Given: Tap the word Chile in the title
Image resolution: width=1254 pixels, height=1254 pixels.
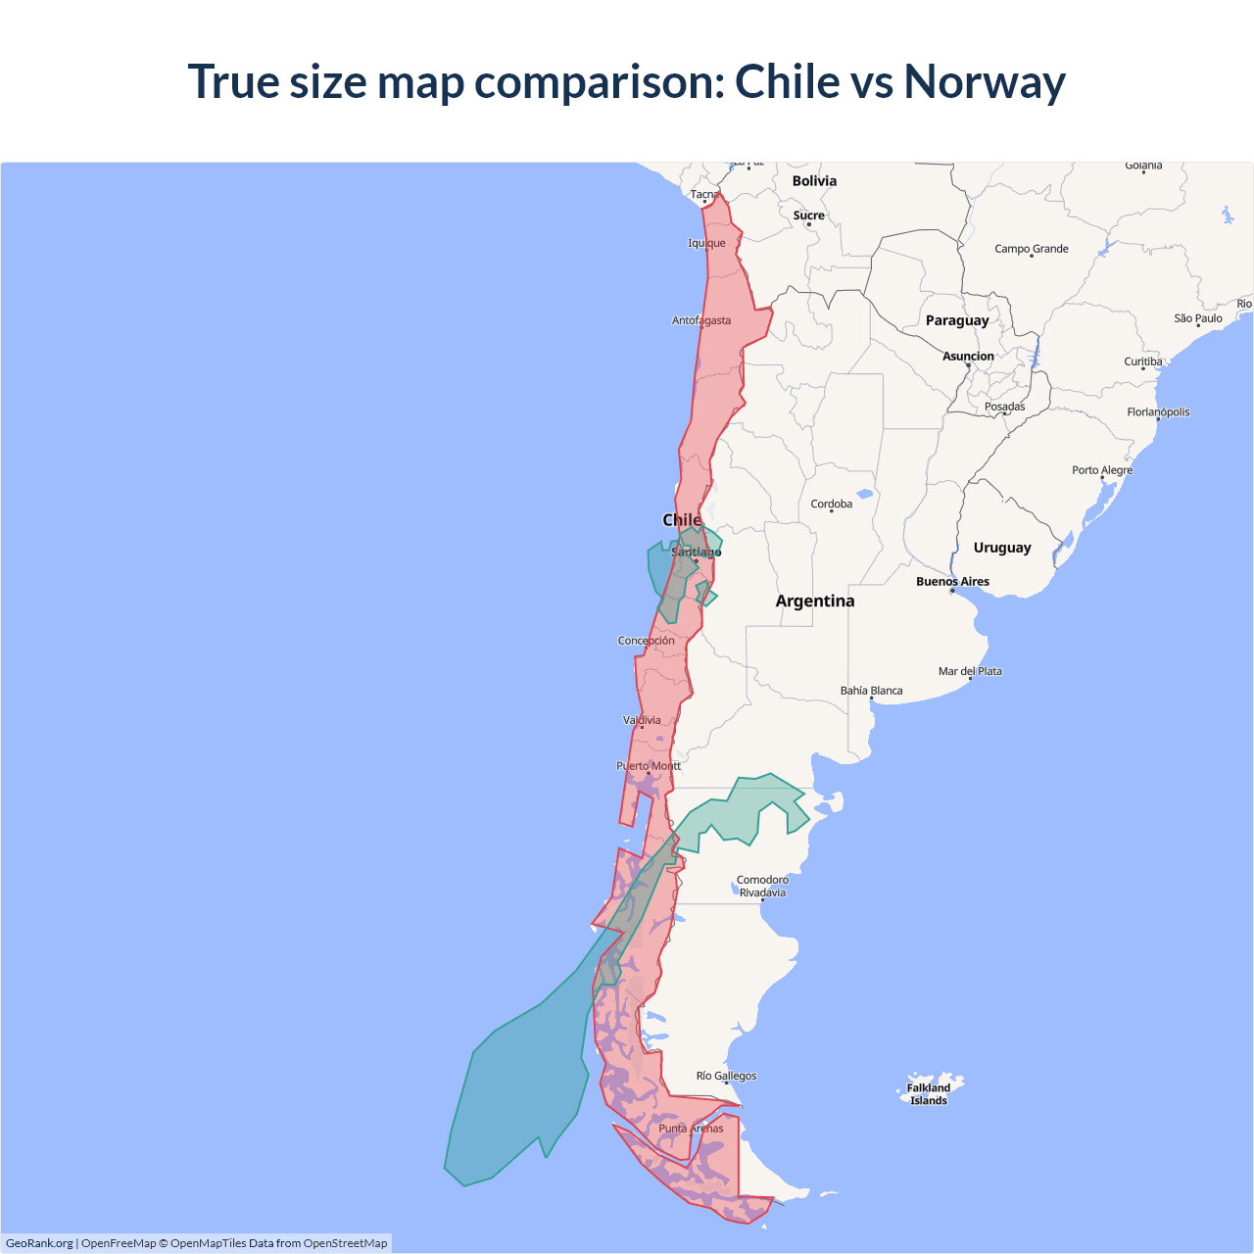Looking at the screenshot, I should [x=787, y=82].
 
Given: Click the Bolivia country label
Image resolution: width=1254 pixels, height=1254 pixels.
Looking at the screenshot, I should [x=814, y=181].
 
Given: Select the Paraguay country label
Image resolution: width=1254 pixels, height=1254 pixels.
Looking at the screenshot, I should [x=957, y=320].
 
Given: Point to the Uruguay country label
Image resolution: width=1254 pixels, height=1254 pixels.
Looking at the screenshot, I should [x=1001, y=548].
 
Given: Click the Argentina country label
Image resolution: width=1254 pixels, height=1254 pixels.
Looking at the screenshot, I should [x=814, y=602].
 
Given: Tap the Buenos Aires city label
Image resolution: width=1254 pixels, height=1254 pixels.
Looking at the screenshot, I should [x=952, y=582].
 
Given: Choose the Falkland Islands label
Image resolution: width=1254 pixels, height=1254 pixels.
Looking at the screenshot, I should [x=928, y=1094].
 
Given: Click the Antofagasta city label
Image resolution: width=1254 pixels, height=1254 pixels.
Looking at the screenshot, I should [x=701, y=320].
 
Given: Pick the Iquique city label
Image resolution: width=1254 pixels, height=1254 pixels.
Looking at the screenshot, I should [x=706, y=243].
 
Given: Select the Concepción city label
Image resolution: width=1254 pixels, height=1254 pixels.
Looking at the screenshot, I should [x=646, y=641].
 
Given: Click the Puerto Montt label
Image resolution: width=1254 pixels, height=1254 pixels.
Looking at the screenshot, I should [x=648, y=766].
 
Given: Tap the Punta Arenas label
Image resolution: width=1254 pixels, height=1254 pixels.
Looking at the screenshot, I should [x=691, y=1129].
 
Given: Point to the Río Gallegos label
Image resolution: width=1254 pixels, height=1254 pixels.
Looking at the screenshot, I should [x=726, y=1076].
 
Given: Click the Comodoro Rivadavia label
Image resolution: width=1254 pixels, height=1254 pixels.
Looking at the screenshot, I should [x=762, y=887].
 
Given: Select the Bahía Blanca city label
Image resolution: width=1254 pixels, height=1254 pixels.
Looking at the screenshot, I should [x=871, y=691].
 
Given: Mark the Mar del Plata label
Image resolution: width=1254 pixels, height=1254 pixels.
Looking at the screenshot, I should [x=970, y=671].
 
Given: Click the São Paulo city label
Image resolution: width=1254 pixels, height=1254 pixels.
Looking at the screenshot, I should [x=1197, y=318].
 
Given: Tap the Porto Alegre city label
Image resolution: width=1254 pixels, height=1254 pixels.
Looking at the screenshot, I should [x=1101, y=470].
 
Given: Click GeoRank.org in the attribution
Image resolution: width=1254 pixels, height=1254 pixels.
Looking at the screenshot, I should [x=39, y=1243].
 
